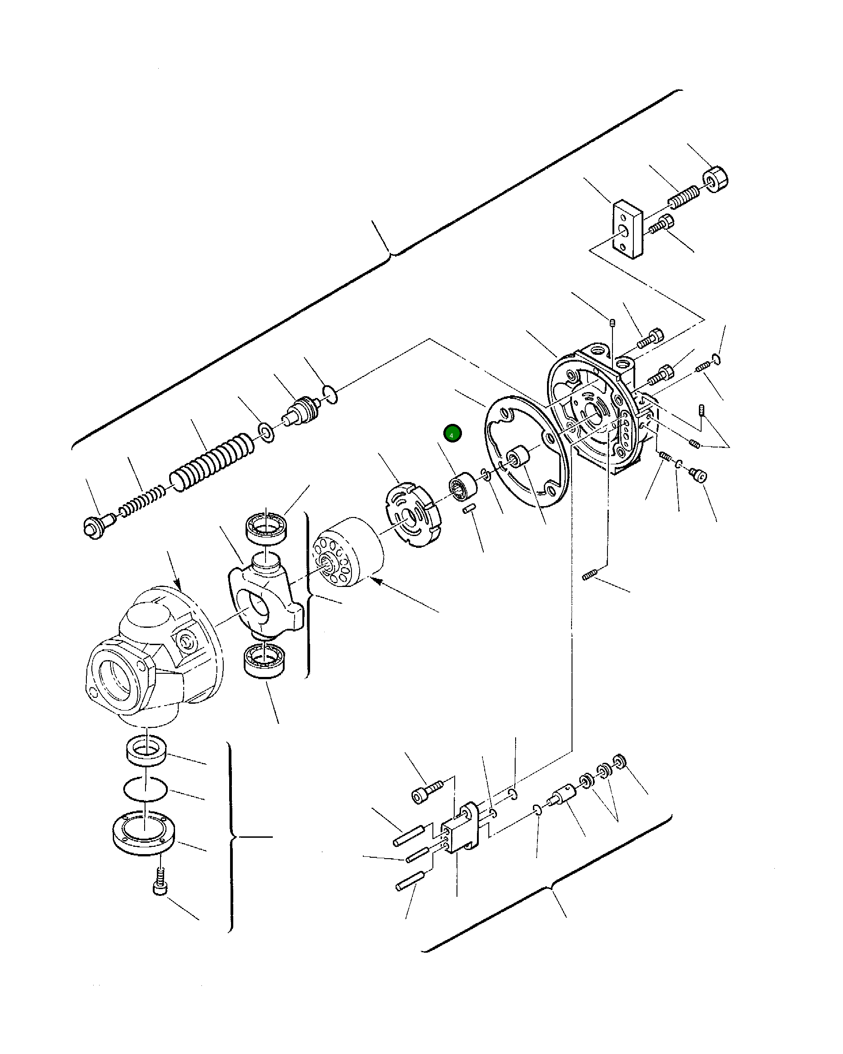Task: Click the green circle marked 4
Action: point(452,433)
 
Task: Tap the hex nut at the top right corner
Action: point(715,179)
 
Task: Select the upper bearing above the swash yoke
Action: point(266,527)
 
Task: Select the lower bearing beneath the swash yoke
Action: point(265,661)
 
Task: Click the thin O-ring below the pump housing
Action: point(145,789)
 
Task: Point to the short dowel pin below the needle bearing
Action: point(469,509)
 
